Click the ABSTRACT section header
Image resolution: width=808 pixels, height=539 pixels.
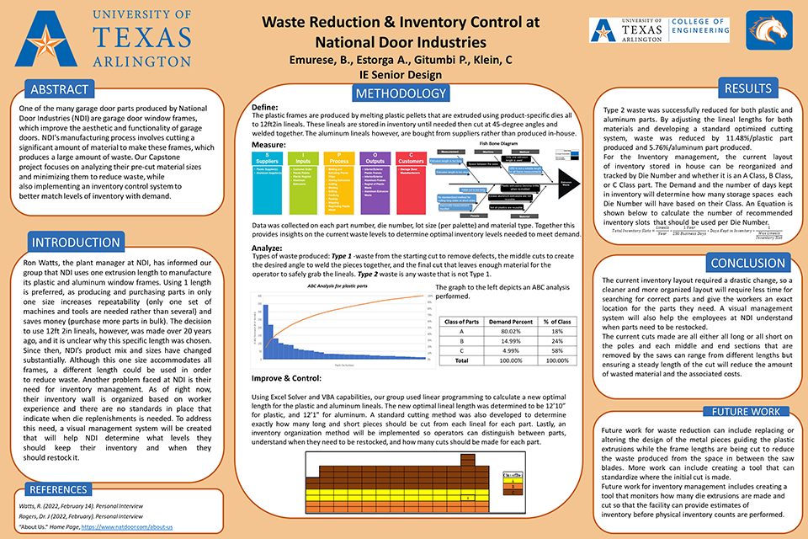pyautogui.click(x=58, y=89)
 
